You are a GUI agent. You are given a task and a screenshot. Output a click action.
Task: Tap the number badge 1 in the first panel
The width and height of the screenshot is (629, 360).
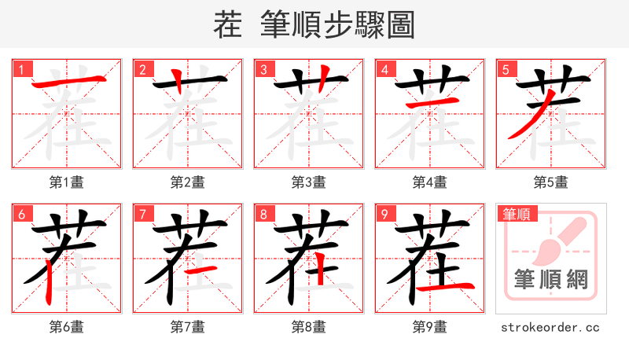coord(21,70)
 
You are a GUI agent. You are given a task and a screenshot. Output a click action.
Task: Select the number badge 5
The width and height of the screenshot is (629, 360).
coord(506,70)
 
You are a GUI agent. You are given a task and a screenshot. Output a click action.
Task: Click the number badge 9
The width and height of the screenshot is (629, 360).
coord(384,215)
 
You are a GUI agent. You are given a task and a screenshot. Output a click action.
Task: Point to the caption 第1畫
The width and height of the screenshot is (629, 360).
coord(66,182)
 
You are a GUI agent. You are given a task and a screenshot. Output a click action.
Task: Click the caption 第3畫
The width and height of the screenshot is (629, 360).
coord(308,182)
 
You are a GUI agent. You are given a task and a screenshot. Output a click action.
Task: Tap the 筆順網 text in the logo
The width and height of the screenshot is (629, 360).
coord(550,280)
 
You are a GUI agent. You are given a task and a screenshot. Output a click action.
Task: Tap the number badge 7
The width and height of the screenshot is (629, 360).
coord(142,215)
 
